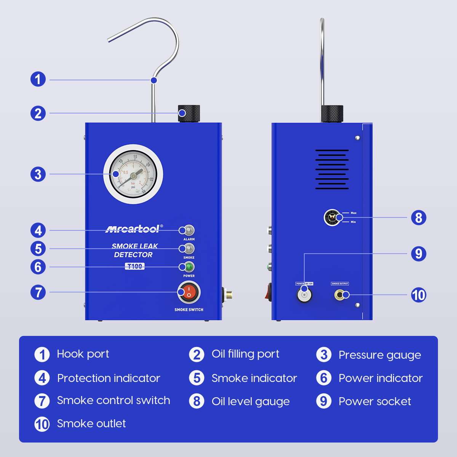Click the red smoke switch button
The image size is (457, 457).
(x=189, y=292)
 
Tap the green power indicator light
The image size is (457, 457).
(x=189, y=267)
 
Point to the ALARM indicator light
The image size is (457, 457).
(x=189, y=230)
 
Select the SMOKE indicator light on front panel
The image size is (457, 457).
(x=189, y=249)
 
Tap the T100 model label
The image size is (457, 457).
(x=135, y=266)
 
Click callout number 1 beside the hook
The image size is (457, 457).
(x=38, y=80)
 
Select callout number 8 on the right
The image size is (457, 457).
(x=419, y=217)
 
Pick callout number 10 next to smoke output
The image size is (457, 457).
(x=419, y=295)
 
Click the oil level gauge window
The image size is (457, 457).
(x=331, y=217)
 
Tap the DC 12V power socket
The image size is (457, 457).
(x=304, y=295)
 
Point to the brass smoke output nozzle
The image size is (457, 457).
(x=340, y=294)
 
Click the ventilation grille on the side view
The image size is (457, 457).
(x=332, y=169)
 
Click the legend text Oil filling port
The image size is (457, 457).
(x=245, y=354)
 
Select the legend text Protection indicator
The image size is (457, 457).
(x=108, y=378)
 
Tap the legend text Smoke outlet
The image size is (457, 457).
(x=91, y=423)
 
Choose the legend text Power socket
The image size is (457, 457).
(x=374, y=401)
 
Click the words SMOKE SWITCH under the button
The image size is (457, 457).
(x=189, y=310)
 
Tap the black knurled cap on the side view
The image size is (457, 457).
(x=332, y=113)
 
